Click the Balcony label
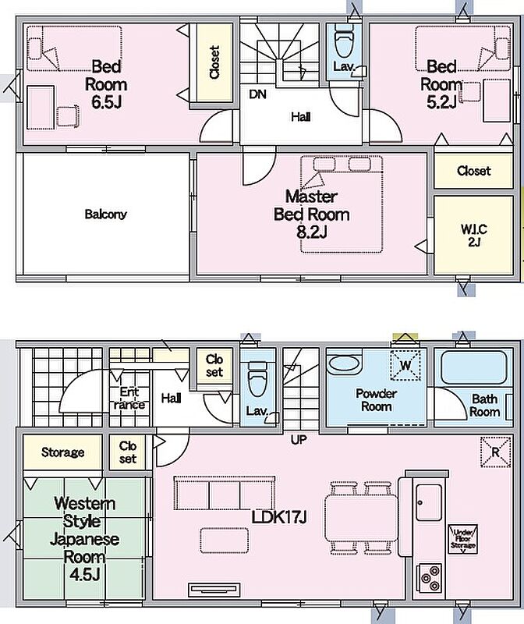(105, 214)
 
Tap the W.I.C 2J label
(473, 236)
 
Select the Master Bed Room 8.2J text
(312, 214)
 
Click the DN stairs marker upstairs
(257, 94)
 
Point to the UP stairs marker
(299, 440)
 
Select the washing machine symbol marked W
(405, 365)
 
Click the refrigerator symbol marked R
(495, 452)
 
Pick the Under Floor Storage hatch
(463, 539)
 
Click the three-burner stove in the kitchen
(430, 577)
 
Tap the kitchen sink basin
(429, 502)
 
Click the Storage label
(62, 452)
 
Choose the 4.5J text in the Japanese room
(84, 574)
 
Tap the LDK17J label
(279, 517)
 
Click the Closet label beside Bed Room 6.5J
(214, 62)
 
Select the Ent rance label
(129, 399)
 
